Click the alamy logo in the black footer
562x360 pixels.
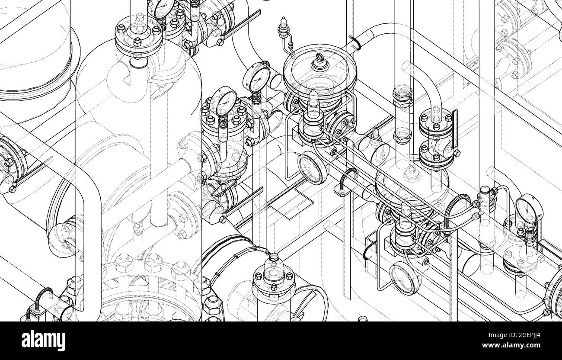(x=44, y=341)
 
